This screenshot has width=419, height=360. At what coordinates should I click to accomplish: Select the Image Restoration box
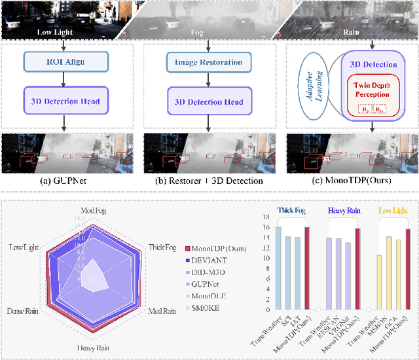tap(209, 62)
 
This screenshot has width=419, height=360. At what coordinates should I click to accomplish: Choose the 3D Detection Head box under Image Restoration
tap(209, 101)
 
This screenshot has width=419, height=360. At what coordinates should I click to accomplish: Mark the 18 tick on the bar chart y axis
tap(267, 217)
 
